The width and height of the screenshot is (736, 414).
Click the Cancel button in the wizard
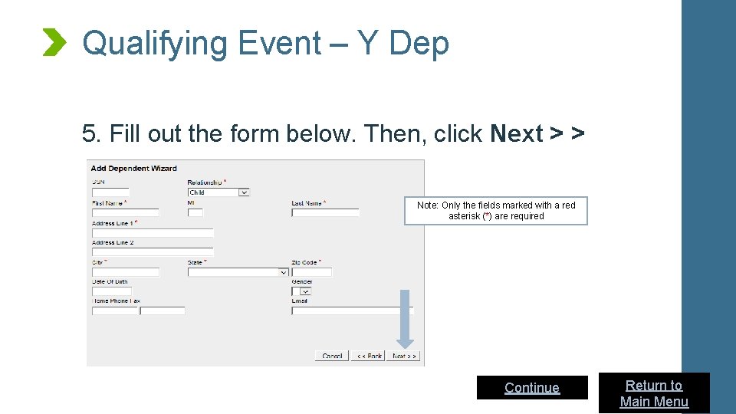[x=332, y=356]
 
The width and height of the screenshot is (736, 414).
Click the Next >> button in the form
[x=404, y=356]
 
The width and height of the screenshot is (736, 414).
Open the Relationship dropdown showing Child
[x=219, y=192]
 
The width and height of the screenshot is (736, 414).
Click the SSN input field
[x=110, y=192]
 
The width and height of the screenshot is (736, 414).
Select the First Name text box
[x=125, y=212]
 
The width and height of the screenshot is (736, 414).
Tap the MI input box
[x=195, y=212]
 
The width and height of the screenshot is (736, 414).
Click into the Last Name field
[x=324, y=212]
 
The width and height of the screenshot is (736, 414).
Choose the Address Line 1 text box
[x=152, y=232]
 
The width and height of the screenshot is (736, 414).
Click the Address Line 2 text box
[x=152, y=251]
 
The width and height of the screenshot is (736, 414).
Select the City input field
[x=125, y=271]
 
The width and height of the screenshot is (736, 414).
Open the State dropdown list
[x=238, y=271]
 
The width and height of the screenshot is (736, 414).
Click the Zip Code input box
[x=311, y=271]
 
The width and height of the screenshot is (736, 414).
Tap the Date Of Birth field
[x=112, y=291]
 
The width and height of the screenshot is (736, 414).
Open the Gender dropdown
[x=301, y=291]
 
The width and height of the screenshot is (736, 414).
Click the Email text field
[x=352, y=310]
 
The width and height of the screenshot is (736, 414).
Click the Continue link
[x=532, y=388]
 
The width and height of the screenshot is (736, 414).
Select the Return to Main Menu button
[x=654, y=393]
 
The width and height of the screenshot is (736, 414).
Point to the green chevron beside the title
[x=54, y=42]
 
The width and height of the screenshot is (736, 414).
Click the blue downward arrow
[x=406, y=318]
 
